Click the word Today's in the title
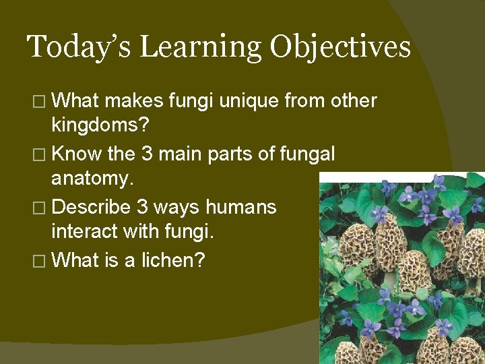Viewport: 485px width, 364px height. coord(80,47)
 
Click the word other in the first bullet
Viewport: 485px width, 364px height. coord(353,101)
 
